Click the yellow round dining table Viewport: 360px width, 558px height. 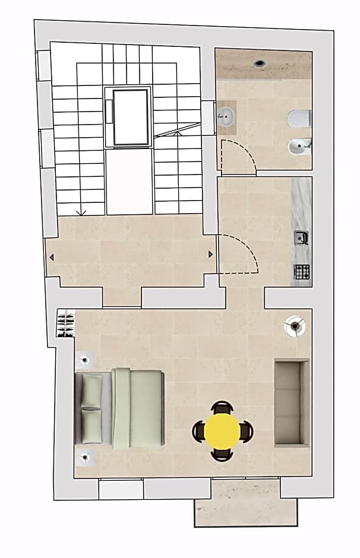coord(223,431)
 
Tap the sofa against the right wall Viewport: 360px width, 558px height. coord(292,402)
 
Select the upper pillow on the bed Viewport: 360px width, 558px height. coord(92,391)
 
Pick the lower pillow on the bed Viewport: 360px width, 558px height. coord(92,426)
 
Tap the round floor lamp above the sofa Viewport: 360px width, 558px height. coord(295,325)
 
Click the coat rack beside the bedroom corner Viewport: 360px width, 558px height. coord(65,324)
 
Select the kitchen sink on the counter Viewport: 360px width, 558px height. coord(301,238)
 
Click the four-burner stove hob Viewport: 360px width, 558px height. coord(302,272)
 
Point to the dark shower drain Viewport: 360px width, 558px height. coord(260,62)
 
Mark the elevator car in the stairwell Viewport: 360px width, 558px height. coord(130,117)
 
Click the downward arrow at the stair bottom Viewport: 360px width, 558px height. coord(81,211)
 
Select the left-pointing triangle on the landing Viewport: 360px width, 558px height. coord(52,257)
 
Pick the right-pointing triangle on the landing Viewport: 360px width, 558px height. coord(210,254)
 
